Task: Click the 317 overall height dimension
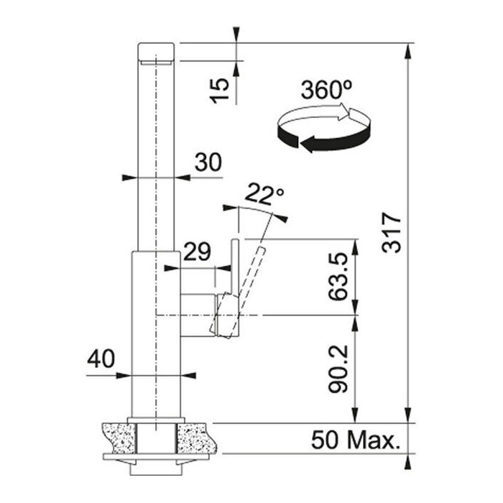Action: point(392,233)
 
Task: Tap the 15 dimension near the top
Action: point(220,91)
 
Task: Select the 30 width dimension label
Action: point(208,162)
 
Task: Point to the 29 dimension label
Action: point(197,251)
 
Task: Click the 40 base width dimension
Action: point(101,359)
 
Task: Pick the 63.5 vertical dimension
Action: point(338,277)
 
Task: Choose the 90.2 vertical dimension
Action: point(338,369)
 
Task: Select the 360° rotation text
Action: point(326,90)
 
